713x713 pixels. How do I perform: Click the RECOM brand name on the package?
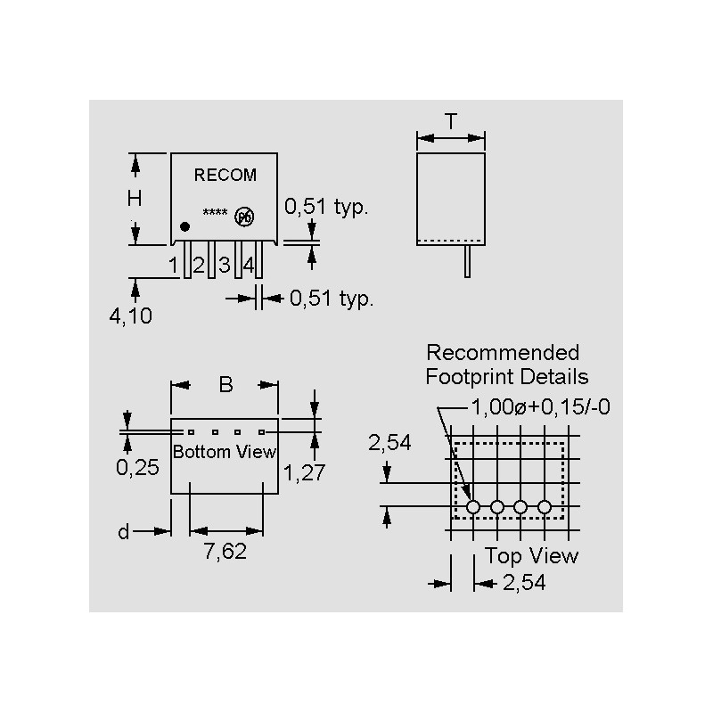click(x=225, y=176)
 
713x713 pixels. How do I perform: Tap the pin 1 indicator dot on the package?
click(x=184, y=227)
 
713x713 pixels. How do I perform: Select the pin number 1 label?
click(x=174, y=265)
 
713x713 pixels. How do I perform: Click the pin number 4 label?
click(x=249, y=265)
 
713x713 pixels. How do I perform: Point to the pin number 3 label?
click(x=225, y=265)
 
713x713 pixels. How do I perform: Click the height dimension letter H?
click(x=135, y=200)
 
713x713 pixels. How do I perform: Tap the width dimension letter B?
click(x=225, y=385)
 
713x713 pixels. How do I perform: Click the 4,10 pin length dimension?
click(x=131, y=316)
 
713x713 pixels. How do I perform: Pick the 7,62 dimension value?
click(x=225, y=552)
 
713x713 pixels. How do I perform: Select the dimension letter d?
click(x=124, y=532)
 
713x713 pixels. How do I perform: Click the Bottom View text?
click(x=225, y=452)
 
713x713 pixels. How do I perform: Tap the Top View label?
click(x=531, y=556)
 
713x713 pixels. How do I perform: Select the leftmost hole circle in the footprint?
click(x=473, y=507)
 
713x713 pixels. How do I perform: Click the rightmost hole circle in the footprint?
click(x=545, y=507)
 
